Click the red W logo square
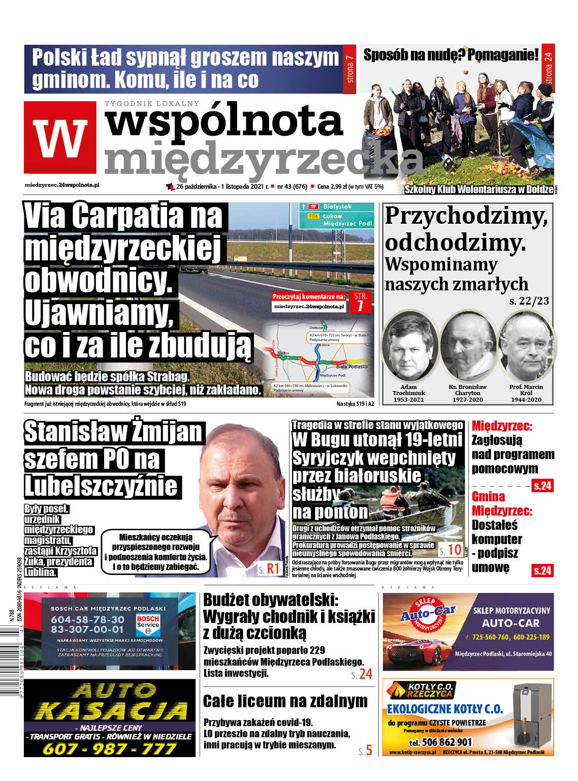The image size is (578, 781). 60,137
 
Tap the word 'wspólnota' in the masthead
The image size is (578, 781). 223,121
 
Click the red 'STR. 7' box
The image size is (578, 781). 360,301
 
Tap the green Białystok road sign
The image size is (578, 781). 336,207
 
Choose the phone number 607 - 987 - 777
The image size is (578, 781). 110,749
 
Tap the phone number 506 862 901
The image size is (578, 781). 440,742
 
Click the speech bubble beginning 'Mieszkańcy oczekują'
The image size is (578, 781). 156,552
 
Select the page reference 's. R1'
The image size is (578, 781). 269,568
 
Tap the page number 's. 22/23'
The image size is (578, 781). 529,301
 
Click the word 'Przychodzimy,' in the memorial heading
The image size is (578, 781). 466,216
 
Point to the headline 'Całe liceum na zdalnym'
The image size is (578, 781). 285,701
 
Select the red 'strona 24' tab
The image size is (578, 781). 548,67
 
